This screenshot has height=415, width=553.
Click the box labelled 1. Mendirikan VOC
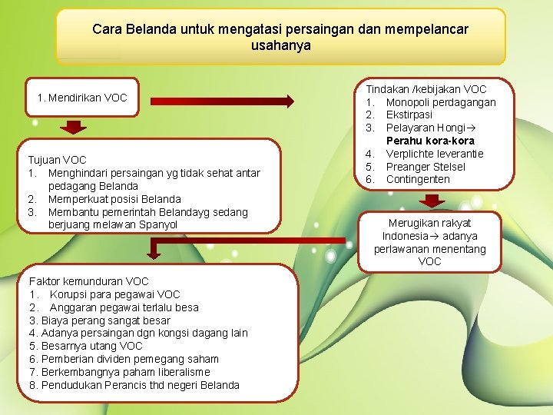coord(82,98)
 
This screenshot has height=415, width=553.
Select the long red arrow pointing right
coord(223,100)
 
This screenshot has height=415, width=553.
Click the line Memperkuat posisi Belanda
coord(114,199)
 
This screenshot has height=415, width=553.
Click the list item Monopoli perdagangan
coord(441,102)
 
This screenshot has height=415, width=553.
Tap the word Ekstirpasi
coord(409,115)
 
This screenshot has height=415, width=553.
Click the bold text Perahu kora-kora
coord(430,141)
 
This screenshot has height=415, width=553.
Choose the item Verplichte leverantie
coord(435,154)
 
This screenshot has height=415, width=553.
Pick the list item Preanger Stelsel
coord(426,167)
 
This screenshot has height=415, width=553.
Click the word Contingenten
coord(418,179)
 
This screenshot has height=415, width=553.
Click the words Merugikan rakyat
coord(430,223)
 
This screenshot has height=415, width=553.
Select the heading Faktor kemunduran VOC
coord(88,281)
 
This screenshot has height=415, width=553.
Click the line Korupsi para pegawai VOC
coord(115,294)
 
